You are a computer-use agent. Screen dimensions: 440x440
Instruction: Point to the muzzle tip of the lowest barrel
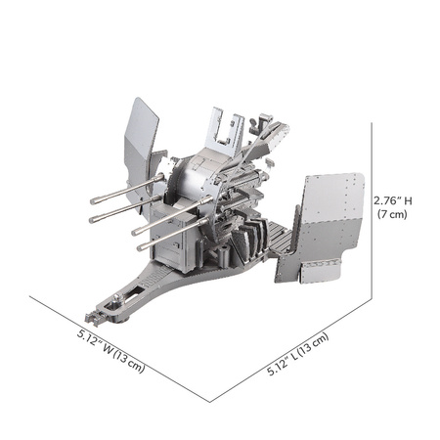140,248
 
